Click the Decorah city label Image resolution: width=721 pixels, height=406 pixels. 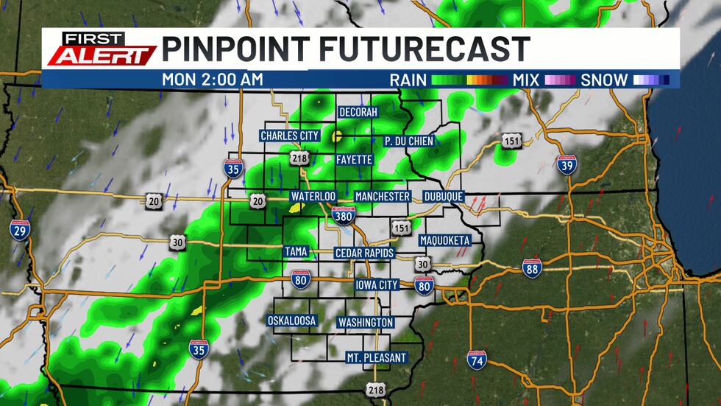(358, 112)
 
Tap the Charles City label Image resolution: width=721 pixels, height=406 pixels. (289, 136)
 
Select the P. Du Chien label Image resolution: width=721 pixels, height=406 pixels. (409, 141)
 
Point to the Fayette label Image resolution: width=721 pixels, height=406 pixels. (354, 159)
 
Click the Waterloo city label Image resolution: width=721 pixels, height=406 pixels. (313, 197)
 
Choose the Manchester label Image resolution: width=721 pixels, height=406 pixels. (382, 197)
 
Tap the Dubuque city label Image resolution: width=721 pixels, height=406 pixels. (444, 197)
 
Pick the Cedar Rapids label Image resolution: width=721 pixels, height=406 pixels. (364, 253)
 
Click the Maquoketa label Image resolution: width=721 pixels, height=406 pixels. (444, 241)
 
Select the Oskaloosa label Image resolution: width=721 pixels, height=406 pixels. (291, 321)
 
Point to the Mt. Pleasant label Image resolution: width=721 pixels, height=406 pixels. (376, 358)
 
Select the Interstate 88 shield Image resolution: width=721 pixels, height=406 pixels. (533, 268)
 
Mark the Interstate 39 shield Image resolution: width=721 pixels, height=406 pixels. (566, 164)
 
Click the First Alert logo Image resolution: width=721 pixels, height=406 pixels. (100, 49)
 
